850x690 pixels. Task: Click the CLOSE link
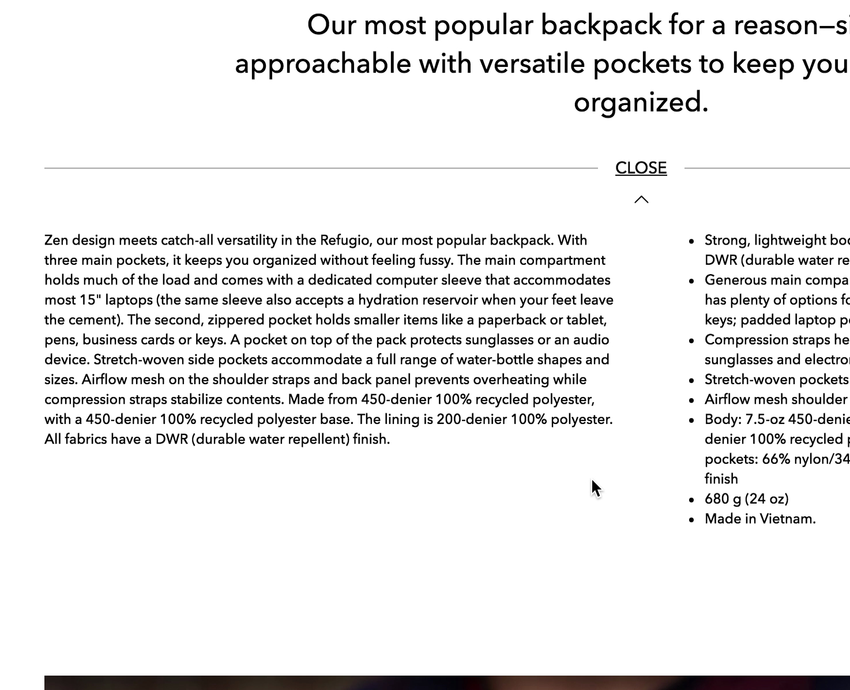tap(641, 168)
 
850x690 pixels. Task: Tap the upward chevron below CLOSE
tap(641, 200)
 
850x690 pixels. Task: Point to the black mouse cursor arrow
tap(596, 488)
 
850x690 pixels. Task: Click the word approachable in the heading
tap(322, 63)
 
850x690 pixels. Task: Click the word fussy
tap(435, 260)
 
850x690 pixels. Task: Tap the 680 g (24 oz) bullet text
tap(746, 498)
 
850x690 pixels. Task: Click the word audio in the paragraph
tap(591, 340)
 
